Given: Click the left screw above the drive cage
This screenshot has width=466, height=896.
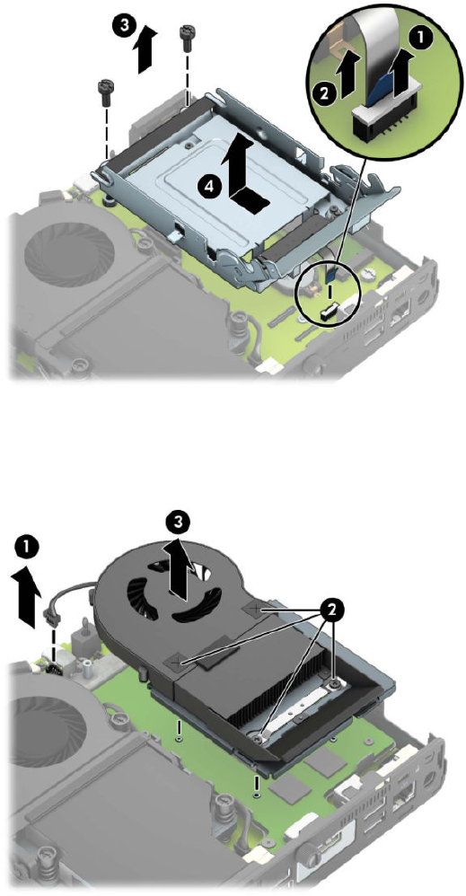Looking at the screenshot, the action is (x=106, y=92).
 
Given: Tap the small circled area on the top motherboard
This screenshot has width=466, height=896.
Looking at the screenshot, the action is (x=328, y=294).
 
